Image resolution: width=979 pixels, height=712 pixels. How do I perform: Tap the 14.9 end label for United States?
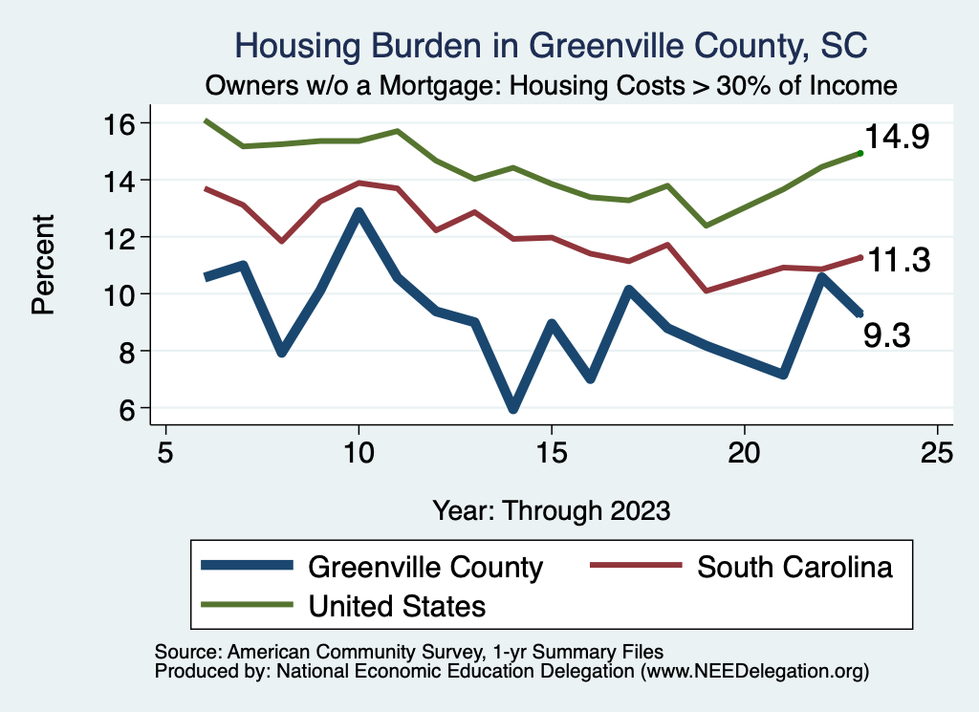click(897, 138)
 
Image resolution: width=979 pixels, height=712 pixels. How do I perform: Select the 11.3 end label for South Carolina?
click(898, 260)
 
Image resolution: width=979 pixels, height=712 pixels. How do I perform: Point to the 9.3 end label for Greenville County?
click(886, 335)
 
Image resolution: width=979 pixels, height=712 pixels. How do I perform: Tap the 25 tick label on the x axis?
click(937, 452)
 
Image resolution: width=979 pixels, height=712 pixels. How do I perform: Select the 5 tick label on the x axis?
click(166, 452)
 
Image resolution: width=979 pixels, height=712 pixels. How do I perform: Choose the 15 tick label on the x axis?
click(551, 452)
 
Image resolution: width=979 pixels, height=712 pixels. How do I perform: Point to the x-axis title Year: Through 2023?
click(551, 509)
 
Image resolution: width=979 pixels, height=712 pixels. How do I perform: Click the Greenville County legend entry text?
click(425, 567)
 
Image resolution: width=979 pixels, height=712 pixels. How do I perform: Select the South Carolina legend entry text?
click(794, 567)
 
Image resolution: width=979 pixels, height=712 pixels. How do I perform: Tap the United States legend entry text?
click(397, 605)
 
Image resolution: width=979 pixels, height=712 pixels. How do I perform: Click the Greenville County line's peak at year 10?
click(359, 212)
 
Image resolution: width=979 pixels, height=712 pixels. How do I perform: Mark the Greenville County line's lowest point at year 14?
click(513, 407)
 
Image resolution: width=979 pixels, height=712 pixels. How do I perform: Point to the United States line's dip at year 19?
click(706, 226)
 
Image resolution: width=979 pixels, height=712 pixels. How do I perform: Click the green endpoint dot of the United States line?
click(860, 152)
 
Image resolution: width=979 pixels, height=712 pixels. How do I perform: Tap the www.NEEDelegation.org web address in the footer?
click(754, 671)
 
